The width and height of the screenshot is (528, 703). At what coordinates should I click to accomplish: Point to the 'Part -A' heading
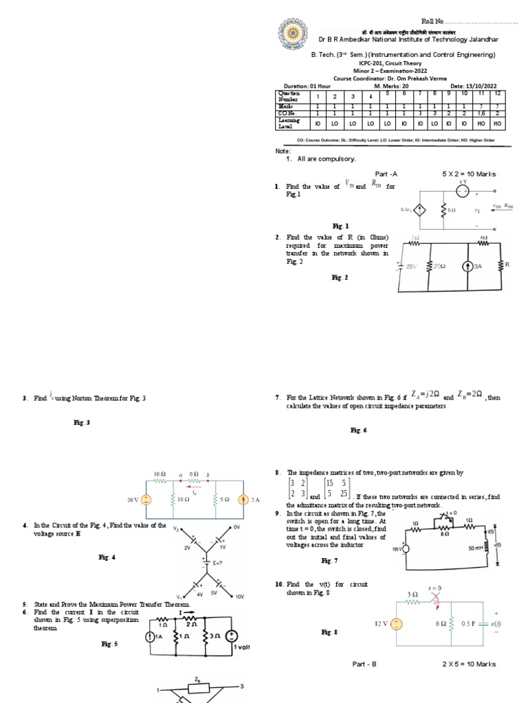coord(386,174)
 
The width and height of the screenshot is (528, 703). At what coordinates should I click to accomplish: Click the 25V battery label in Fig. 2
coord(411,266)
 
